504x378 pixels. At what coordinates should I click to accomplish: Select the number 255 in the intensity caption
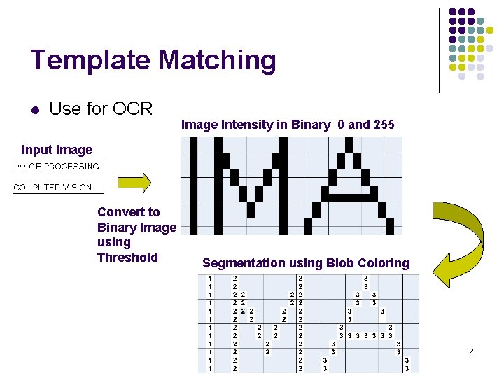pyautogui.click(x=384, y=125)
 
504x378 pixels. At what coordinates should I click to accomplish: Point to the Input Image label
pyautogui.click(x=57, y=149)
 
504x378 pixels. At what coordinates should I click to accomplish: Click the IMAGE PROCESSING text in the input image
pyautogui.click(x=57, y=167)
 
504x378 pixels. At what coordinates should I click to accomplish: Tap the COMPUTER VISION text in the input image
pyautogui.click(x=53, y=187)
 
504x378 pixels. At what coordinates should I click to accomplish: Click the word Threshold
pyautogui.click(x=127, y=257)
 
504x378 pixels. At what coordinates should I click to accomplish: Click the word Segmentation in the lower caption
pyautogui.click(x=243, y=263)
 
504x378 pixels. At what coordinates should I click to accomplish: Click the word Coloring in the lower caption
pyautogui.click(x=383, y=263)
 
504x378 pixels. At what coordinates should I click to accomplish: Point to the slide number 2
pyautogui.click(x=470, y=350)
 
